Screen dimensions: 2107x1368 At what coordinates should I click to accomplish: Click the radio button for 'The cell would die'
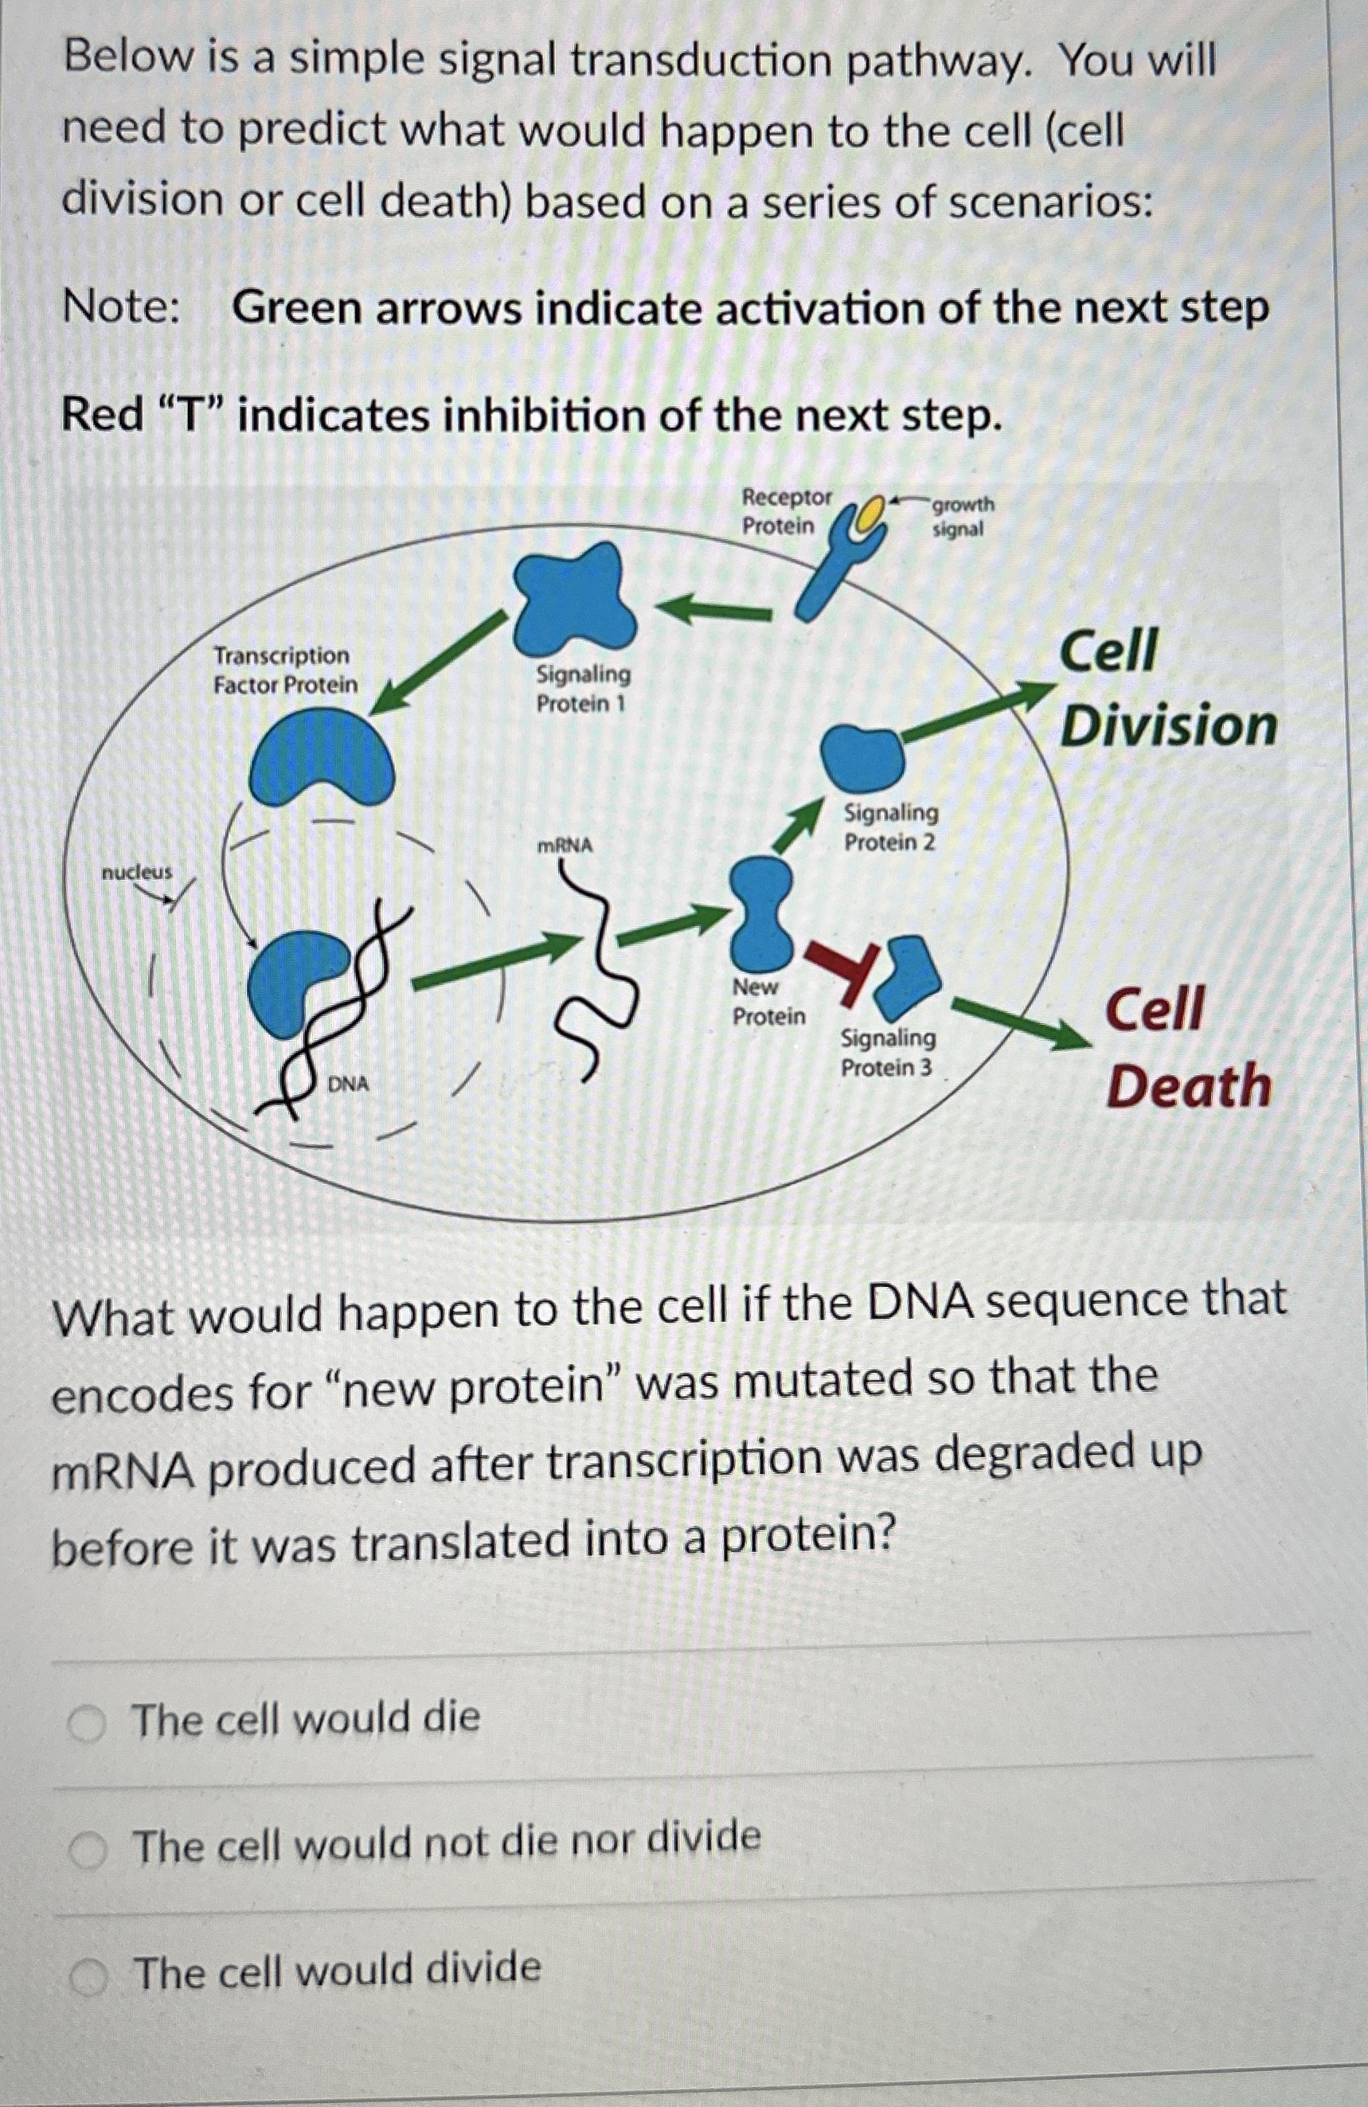88,1725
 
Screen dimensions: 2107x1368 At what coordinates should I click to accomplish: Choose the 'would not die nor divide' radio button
88,1849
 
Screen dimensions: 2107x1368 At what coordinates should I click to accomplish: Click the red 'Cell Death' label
1186,1048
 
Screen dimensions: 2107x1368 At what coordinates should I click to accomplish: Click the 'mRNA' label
565,846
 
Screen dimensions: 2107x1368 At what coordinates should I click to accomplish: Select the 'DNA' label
349,1084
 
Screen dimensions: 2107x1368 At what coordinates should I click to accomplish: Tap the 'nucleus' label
136,872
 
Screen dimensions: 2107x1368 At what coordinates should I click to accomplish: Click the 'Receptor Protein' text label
785,510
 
